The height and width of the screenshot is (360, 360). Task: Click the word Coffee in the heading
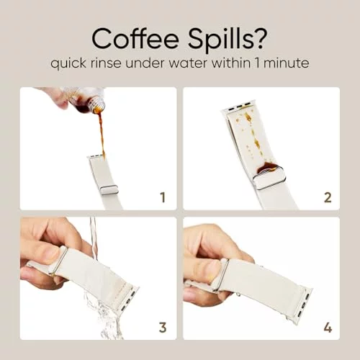[x=135, y=39]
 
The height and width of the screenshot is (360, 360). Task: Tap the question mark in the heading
[x=261, y=38]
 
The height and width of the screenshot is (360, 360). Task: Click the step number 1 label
[x=163, y=197]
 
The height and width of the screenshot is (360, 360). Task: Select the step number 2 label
[x=328, y=197]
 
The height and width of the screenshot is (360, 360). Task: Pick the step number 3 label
[x=163, y=328]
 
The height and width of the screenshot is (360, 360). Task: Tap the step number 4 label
[x=328, y=328]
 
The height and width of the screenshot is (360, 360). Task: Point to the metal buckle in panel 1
[x=109, y=190]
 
